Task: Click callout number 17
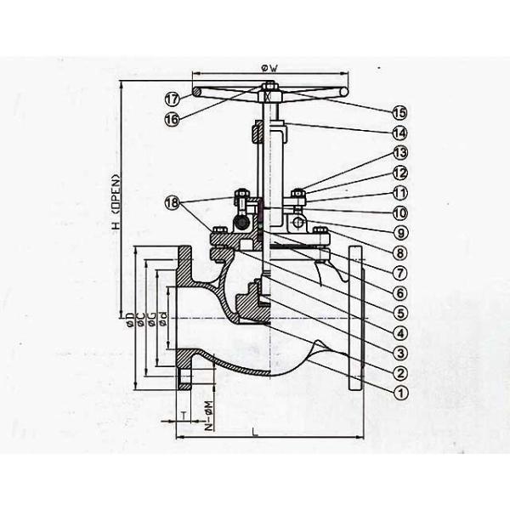[172, 98]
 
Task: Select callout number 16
[172, 119]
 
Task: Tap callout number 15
[399, 111]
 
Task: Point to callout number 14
[399, 133]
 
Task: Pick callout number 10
[399, 212]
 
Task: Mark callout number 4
[399, 331]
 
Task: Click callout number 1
[399, 391]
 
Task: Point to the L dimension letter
[255, 433]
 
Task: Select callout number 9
[399, 231]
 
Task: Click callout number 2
[399, 371]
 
